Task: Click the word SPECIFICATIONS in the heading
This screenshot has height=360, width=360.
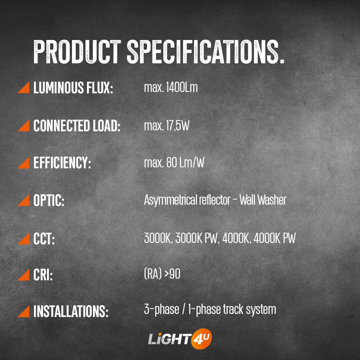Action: (205, 52)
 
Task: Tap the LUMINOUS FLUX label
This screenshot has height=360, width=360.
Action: (73, 87)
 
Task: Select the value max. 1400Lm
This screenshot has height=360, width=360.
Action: (171, 87)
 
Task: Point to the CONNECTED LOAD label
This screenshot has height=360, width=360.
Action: (77, 126)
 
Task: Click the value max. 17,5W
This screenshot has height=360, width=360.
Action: (167, 126)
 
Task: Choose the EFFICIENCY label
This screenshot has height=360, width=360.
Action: (62, 163)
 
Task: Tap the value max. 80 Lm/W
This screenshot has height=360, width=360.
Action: (174, 163)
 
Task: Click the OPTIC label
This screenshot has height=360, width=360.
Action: (49, 200)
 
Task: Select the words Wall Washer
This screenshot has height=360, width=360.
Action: (263, 200)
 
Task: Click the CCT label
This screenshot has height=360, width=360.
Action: (44, 239)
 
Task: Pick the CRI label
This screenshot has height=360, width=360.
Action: (43, 275)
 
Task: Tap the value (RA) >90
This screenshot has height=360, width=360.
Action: (162, 274)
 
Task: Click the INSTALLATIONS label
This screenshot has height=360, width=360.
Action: (71, 311)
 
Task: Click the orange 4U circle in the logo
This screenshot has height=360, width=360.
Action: (201, 339)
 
